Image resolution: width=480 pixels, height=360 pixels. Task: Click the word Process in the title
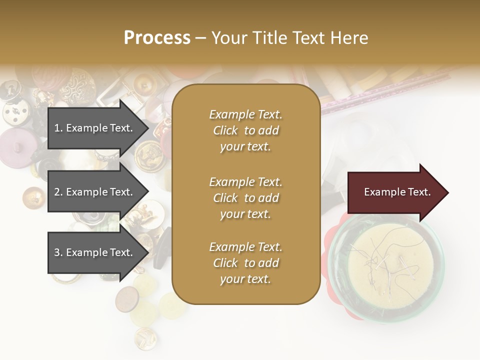coord(157,38)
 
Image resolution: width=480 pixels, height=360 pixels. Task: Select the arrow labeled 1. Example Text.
coord(95,128)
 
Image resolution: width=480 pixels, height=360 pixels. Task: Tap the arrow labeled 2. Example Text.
coord(95,192)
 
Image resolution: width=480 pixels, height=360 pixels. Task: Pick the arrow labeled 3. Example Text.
coord(95,252)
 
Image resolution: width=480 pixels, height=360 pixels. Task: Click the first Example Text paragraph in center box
coord(245,130)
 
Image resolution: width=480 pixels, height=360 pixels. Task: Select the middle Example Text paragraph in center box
coord(245,198)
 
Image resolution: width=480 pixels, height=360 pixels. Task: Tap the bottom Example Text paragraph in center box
coord(245,263)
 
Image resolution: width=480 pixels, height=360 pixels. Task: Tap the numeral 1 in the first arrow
coord(56,128)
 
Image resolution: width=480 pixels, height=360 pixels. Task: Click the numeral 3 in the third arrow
coord(56,253)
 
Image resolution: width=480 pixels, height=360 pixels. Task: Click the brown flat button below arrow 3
coord(126,299)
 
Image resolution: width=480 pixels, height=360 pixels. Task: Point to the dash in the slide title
coord(200,38)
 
